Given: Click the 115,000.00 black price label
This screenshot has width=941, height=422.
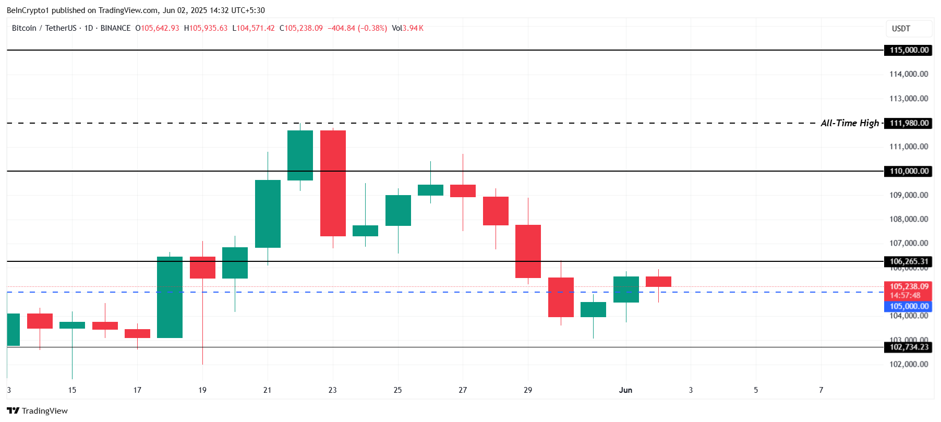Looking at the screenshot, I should click(x=909, y=50).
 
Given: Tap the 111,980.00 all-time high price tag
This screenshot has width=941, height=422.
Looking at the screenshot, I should click(x=909, y=123).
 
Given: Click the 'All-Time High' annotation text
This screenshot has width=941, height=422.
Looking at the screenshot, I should click(x=849, y=123).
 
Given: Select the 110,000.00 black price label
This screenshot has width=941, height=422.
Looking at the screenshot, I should click(x=909, y=171).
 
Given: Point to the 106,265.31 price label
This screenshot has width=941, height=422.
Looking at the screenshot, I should click(x=909, y=261).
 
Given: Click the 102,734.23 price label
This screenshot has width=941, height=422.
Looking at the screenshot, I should click(x=909, y=347).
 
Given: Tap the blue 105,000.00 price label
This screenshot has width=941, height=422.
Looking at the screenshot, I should click(x=909, y=306).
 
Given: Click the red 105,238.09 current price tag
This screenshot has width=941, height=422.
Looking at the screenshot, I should click(x=909, y=287).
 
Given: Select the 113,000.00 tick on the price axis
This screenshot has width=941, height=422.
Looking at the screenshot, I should click(x=909, y=99).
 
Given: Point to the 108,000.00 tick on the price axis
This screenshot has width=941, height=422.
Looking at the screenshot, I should click(x=909, y=219).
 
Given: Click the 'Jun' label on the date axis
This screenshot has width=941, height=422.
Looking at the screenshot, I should click(x=625, y=390).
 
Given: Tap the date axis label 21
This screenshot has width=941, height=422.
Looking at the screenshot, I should click(x=268, y=390).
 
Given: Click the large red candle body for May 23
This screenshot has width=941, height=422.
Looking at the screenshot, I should click(x=333, y=183).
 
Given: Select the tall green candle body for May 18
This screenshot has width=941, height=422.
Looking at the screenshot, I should click(x=170, y=297).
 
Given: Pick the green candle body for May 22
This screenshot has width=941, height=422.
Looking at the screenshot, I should click(x=300, y=155).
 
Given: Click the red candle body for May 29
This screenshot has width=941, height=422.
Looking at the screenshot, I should click(x=528, y=251).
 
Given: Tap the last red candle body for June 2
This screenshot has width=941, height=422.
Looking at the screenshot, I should click(x=658, y=282).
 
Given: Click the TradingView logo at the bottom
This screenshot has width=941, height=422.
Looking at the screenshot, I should click(x=37, y=411).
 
